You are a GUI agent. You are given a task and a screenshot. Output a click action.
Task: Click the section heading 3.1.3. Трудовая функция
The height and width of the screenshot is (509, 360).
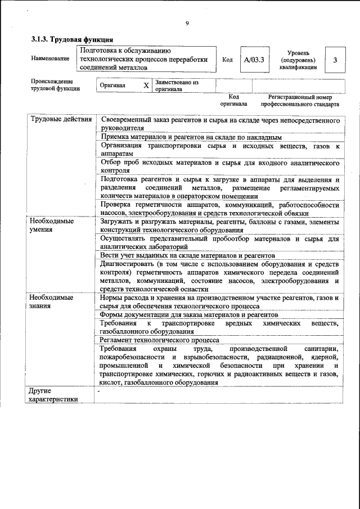[x=73, y=40]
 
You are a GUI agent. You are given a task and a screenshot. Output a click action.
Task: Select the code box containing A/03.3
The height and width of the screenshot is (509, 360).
[x=254, y=59]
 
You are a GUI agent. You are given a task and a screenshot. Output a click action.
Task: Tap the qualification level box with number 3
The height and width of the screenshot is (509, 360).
[x=335, y=60]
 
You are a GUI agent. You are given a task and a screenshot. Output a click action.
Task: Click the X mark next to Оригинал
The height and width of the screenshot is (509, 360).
[x=146, y=85]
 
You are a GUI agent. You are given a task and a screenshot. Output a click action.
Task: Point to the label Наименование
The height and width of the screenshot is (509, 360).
[x=50, y=59]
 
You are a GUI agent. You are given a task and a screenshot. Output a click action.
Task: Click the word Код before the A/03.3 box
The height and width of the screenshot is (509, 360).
[x=228, y=59]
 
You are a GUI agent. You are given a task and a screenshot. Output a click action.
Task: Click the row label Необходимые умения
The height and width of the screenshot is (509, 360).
[x=52, y=225]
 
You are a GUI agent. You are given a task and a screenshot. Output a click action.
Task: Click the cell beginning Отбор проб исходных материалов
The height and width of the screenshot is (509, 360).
[x=219, y=166]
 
